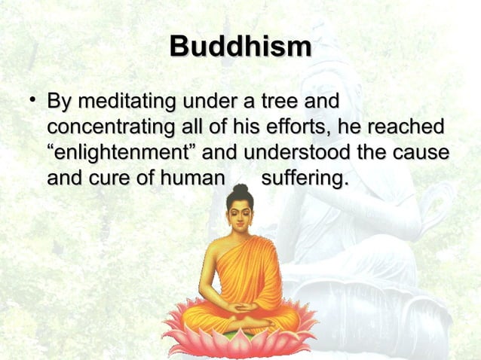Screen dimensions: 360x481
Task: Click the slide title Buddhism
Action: click(x=240, y=47)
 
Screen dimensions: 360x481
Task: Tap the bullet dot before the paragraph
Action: click(x=27, y=99)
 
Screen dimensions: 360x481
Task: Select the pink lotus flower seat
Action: click(x=240, y=335)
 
